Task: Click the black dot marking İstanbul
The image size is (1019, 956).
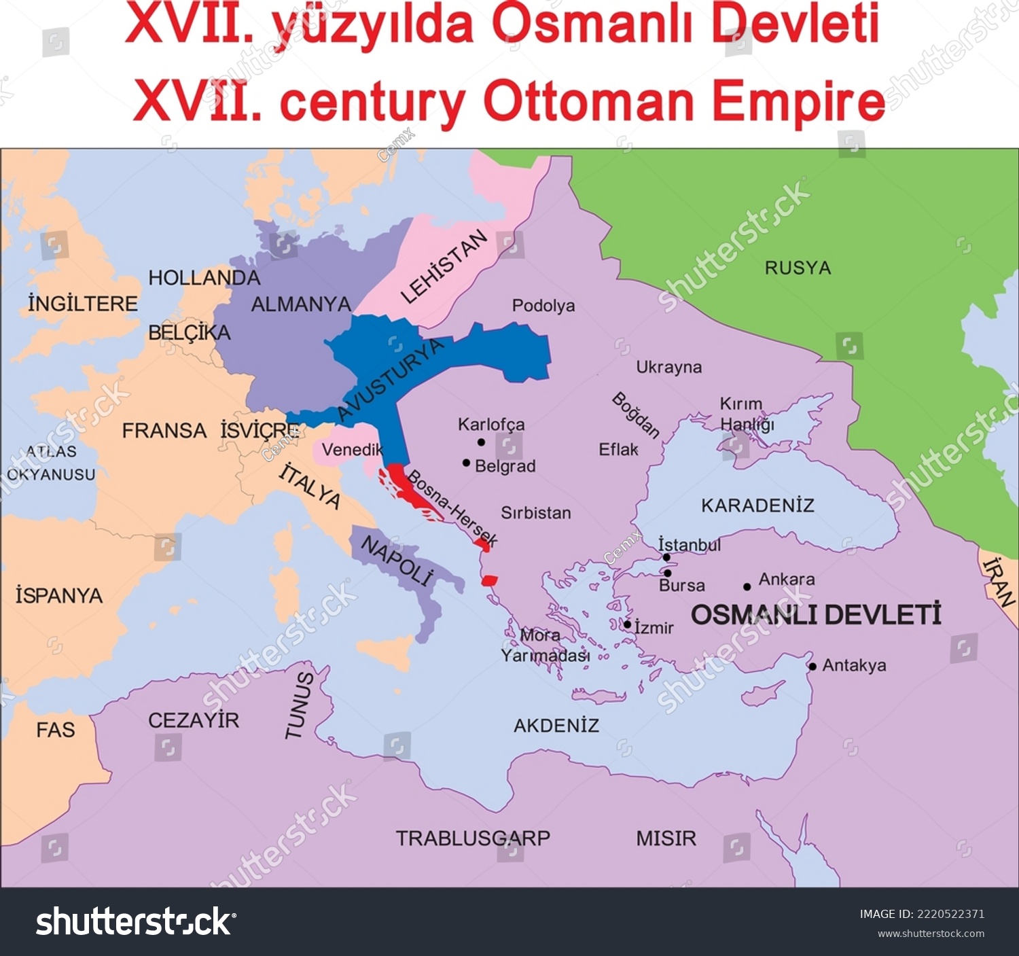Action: pyautogui.click(x=666, y=557)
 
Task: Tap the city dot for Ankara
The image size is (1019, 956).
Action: pyautogui.click(x=747, y=586)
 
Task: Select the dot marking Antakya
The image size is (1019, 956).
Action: pyautogui.click(x=812, y=667)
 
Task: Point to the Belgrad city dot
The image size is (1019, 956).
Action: pyautogui.click(x=466, y=463)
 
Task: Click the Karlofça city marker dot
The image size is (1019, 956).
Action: pyautogui.click(x=481, y=442)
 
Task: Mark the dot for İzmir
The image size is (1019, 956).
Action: pyautogui.click(x=628, y=624)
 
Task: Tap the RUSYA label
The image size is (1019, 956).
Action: pyautogui.click(x=798, y=268)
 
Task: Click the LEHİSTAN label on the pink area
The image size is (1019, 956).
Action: pyautogui.click(x=444, y=266)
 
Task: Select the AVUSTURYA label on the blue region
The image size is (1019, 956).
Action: pyautogui.click(x=390, y=380)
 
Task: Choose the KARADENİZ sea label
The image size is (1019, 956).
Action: pyautogui.click(x=757, y=506)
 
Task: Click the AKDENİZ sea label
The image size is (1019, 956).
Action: pyautogui.click(x=556, y=726)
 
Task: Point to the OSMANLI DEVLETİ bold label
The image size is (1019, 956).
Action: pyautogui.click(x=816, y=615)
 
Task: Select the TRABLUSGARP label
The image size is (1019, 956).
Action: pyautogui.click(x=473, y=838)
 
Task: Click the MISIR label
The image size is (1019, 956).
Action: pyautogui.click(x=666, y=838)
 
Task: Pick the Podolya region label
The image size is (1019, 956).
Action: pyautogui.click(x=543, y=306)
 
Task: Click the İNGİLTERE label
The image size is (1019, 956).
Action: pyautogui.click(x=83, y=304)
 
